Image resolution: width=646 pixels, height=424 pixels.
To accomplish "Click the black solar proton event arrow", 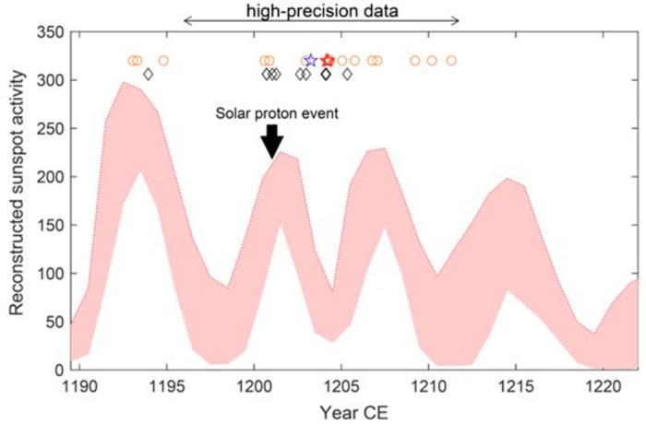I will (x=270, y=141).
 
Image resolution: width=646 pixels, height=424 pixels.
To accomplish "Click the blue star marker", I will (x=311, y=60).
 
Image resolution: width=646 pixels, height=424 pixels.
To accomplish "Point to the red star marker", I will (x=328, y=60).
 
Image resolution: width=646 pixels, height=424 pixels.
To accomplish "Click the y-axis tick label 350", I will (x=52, y=33).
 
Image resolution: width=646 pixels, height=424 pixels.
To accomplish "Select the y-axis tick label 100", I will (x=52, y=273).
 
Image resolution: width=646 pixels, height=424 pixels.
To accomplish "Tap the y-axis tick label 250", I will (x=52, y=129).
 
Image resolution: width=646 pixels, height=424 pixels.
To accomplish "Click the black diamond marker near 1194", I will (x=148, y=74).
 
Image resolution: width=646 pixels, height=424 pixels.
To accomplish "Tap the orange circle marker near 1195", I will (x=163, y=61).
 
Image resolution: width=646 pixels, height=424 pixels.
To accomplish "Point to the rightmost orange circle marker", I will (x=451, y=61).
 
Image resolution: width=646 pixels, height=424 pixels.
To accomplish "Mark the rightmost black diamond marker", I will (x=347, y=74).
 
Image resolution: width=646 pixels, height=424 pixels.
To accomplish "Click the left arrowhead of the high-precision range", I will (x=187, y=20).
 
